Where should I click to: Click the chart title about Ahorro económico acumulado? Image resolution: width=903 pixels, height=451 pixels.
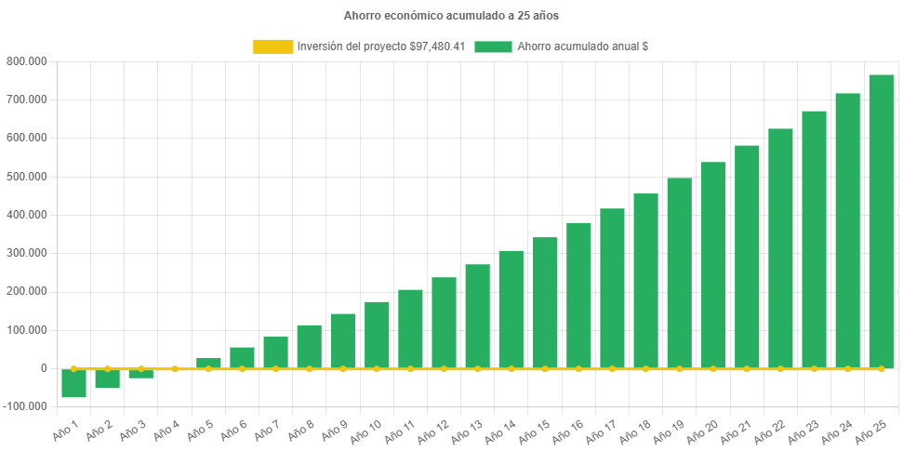click(451, 16)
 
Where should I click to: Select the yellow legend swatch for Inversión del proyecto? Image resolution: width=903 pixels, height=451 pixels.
click(272, 46)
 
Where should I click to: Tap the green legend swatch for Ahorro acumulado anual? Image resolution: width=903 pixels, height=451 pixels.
click(493, 46)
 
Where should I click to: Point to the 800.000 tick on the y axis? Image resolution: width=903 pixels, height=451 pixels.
click(28, 61)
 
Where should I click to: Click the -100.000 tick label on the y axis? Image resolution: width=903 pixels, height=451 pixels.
click(26, 407)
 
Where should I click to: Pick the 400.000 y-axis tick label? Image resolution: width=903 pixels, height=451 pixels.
click(28, 215)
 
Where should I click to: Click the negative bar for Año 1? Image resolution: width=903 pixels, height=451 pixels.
click(74, 383)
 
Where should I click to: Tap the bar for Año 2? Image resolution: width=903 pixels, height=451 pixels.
click(108, 378)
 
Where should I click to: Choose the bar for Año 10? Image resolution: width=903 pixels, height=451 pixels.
click(377, 335)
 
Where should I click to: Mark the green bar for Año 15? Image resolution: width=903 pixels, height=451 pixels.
click(545, 303)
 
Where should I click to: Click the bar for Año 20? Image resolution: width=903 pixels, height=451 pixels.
click(712, 265)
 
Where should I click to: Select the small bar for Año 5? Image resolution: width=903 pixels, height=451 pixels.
click(208, 363)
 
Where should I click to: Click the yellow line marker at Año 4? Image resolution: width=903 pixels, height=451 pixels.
click(175, 369)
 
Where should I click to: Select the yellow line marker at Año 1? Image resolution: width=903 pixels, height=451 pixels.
click(74, 369)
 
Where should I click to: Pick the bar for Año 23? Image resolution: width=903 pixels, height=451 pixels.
click(814, 240)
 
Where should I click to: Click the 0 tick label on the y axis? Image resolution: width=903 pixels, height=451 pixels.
click(43, 369)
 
